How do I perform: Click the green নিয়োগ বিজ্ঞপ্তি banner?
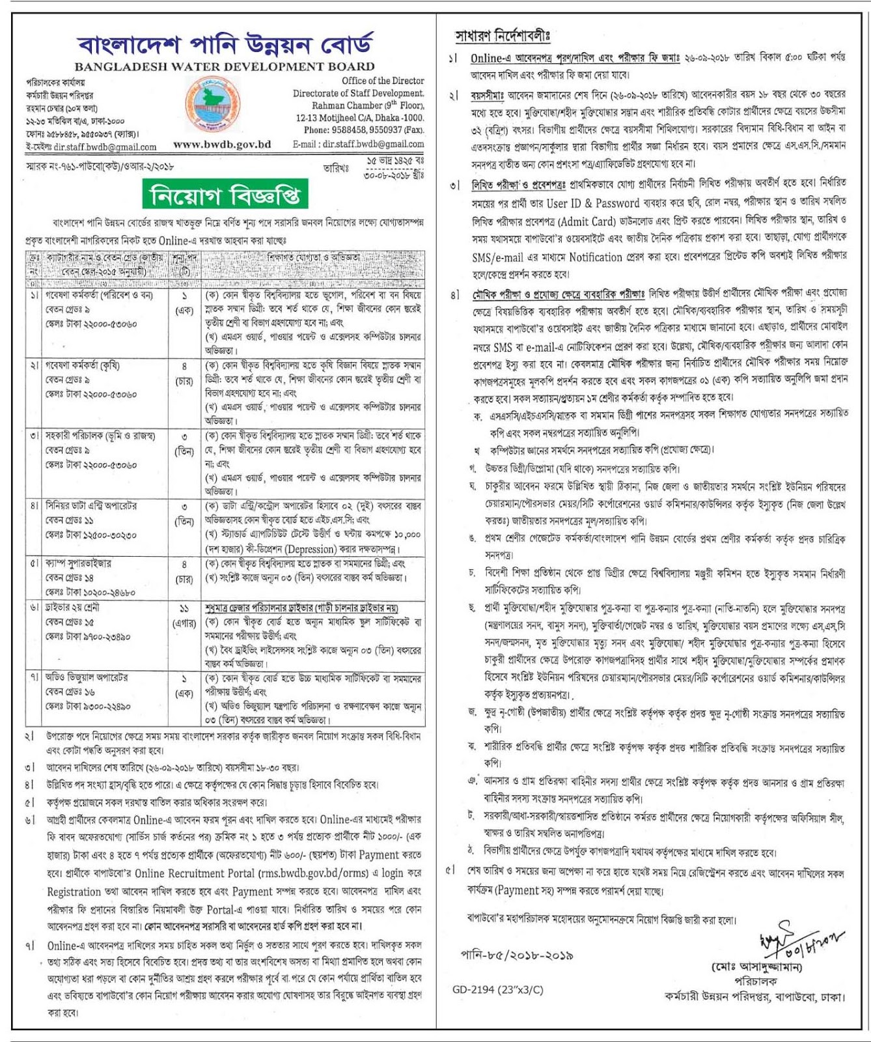pos(225,195)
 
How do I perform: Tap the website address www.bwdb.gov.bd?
pos(221,145)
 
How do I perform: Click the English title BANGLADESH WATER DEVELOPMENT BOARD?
pos(225,66)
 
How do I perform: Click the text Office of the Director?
pos(383,81)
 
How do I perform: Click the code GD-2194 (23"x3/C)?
pos(497,989)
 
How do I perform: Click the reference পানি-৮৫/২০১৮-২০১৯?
pos(517,955)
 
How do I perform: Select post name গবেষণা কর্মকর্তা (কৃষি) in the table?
pos(83,365)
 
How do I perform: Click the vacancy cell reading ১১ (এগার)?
pos(184,615)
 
